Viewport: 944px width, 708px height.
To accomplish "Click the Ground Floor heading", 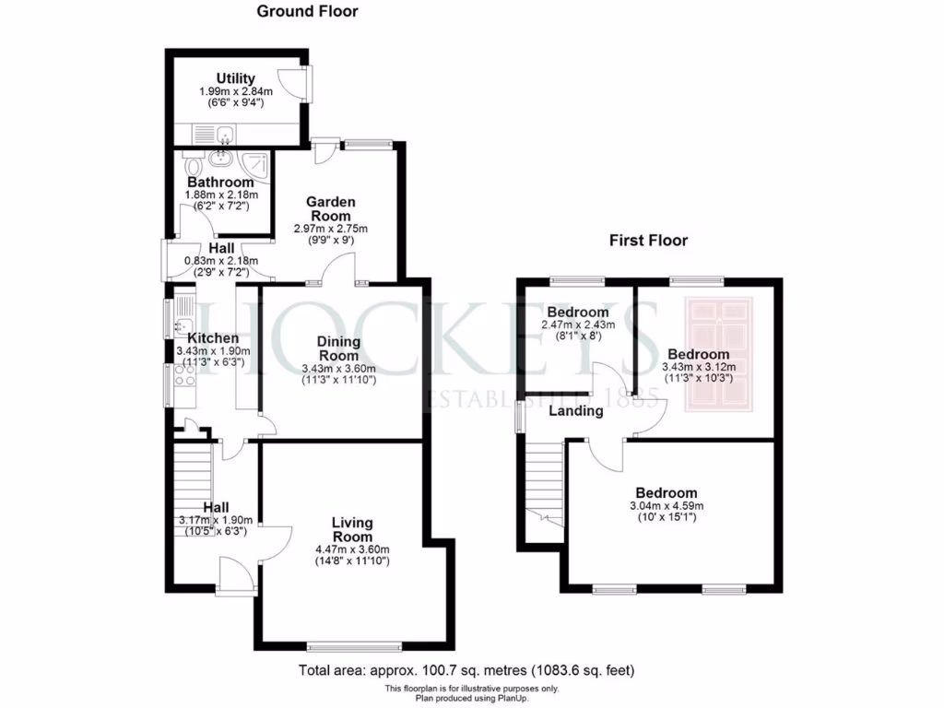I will pyautogui.click(x=307, y=12).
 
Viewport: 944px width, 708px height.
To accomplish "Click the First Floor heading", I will pyautogui.click(x=648, y=241).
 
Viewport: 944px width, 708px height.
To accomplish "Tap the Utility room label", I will pyautogui.click(x=236, y=78).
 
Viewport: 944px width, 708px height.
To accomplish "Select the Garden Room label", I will pyautogui.click(x=330, y=208).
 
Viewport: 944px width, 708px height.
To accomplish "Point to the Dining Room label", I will pyautogui.click(x=338, y=348).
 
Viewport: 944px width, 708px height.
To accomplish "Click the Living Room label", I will pyautogui.click(x=352, y=529).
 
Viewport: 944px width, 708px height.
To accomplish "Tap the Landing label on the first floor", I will pyautogui.click(x=576, y=411).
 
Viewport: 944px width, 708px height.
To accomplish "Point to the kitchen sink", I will pyautogui.click(x=183, y=319).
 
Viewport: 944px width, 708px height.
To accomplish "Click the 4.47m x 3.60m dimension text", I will pyautogui.click(x=352, y=549).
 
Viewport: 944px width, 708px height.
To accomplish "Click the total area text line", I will pyautogui.click(x=466, y=670).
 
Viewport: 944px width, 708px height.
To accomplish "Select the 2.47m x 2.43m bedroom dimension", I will pyautogui.click(x=577, y=324).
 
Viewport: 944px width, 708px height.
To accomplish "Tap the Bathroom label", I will pyautogui.click(x=220, y=183).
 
